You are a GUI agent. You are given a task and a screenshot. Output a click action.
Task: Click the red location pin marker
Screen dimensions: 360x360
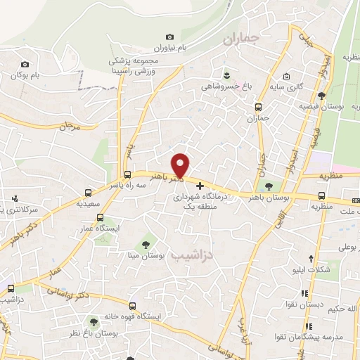click(181, 164)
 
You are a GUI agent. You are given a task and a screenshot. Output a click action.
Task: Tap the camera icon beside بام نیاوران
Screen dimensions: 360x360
click(169, 37)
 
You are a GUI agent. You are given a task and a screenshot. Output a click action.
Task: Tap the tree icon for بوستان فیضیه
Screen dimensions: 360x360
click(322, 96)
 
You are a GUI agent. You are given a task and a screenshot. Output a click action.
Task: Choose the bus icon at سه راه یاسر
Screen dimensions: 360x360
click(127, 174)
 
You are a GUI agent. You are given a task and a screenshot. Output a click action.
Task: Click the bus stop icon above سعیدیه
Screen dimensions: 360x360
click(88, 192)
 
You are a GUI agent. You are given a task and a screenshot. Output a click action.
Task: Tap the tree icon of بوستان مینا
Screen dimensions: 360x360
click(146, 245)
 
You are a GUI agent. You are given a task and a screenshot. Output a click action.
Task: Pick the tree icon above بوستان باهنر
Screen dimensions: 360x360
click(269, 186)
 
